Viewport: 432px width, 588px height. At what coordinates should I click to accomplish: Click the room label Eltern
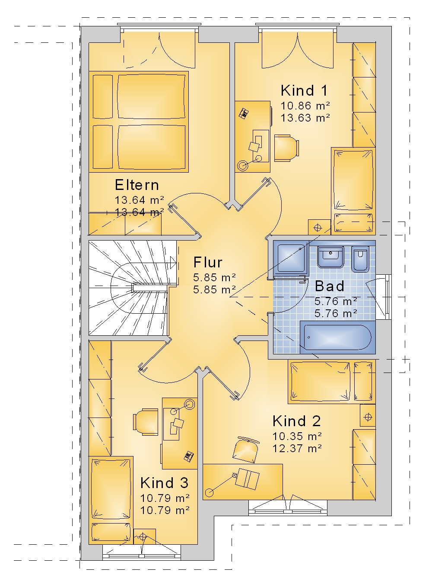(137, 185)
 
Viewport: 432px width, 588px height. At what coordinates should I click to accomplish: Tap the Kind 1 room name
(304, 90)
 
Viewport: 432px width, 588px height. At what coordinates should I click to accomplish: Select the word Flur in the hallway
(208, 262)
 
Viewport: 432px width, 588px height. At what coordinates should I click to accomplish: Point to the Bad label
(330, 286)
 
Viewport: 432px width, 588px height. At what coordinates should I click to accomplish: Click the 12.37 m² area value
(297, 448)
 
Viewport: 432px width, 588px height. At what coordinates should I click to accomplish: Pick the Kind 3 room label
(164, 483)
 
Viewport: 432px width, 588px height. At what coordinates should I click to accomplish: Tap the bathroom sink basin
(330, 257)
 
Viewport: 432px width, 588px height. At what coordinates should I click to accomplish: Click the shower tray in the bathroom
(291, 258)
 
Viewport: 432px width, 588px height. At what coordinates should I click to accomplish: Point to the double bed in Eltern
(139, 122)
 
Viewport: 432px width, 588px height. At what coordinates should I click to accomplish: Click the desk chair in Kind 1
(286, 148)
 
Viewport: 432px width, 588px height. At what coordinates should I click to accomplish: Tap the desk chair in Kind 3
(146, 422)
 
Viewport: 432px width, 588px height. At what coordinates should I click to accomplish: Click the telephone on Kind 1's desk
(244, 113)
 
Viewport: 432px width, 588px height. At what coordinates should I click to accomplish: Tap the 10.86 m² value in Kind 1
(305, 106)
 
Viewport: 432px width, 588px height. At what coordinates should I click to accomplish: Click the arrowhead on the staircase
(173, 262)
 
